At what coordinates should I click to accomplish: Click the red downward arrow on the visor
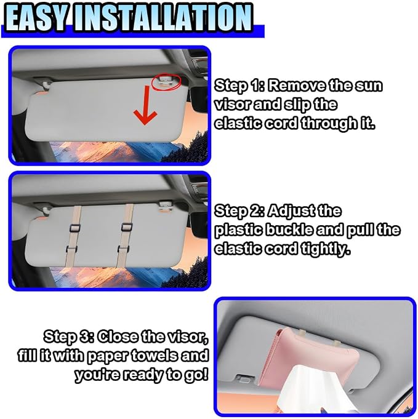click(145, 105)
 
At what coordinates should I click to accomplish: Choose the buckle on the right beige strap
click(126, 227)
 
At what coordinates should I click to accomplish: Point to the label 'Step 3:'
click(69, 337)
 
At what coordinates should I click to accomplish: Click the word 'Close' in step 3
click(118, 337)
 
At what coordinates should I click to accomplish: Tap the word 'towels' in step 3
click(153, 356)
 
